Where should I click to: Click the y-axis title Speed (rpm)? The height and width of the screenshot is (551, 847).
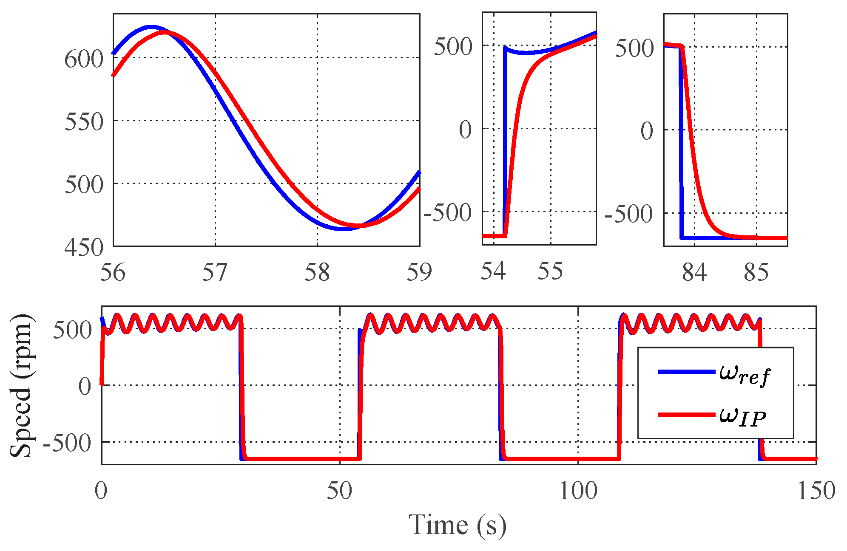pyautogui.click(x=21, y=386)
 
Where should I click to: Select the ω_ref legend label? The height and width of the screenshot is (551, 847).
pyautogui.click(x=744, y=374)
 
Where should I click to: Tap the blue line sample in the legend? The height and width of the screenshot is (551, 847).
pyautogui.click(x=686, y=372)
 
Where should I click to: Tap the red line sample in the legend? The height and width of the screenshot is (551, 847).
pyautogui.click(x=686, y=414)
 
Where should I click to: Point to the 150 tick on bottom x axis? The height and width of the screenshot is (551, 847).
pyautogui.click(x=816, y=491)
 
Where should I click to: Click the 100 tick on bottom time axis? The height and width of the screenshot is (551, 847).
pyautogui.click(x=578, y=491)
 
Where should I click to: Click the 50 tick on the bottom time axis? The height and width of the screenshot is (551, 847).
pyautogui.click(x=339, y=491)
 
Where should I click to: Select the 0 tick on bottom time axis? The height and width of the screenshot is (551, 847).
pyautogui.click(x=101, y=491)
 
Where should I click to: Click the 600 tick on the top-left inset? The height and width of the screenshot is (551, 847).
pyautogui.click(x=84, y=59)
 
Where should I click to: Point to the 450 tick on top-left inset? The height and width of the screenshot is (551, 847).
pyautogui.click(x=84, y=247)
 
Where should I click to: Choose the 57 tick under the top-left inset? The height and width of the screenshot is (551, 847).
pyautogui.click(x=215, y=272)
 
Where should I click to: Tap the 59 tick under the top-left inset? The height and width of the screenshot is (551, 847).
pyautogui.click(x=419, y=272)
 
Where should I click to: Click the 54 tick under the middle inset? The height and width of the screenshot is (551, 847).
pyautogui.click(x=493, y=271)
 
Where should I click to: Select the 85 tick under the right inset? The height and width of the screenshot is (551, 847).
pyautogui.click(x=756, y=272)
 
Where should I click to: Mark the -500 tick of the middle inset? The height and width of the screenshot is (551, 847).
pyautogui.click(x=448, y=213)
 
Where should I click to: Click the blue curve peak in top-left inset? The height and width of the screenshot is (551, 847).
pyautogui.click(x=151, y=27)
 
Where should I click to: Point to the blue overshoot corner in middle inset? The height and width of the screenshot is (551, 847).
pyautogui.click(x=505, y=47)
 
